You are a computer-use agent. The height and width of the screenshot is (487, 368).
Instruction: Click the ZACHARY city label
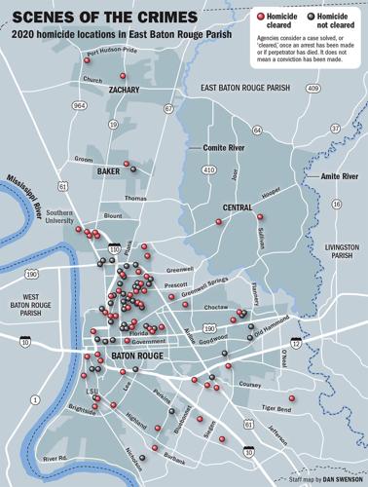coord(115,91)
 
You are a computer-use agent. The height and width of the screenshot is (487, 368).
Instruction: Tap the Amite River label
coord(337,175)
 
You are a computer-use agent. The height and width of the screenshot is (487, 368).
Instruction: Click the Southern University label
coord(59,216)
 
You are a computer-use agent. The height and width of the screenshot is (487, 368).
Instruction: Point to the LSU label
coord(92,393)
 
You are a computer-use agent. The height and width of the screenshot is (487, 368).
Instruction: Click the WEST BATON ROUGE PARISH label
coord(38,301)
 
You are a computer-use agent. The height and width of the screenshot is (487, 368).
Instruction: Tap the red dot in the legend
coord(256,18)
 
